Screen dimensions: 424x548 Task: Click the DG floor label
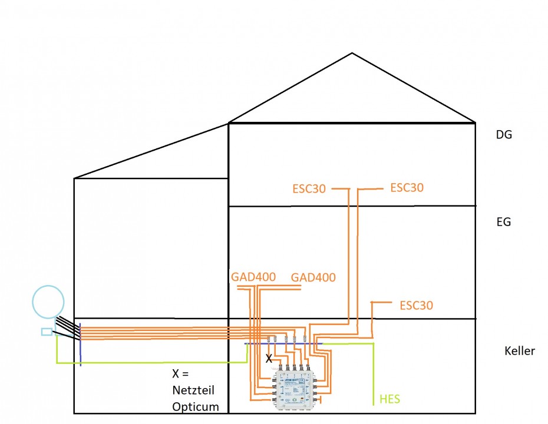click(x=504, y=134)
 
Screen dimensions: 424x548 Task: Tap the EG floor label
click(x=504, y=222)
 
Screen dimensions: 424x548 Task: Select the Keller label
click(x=520, y=351)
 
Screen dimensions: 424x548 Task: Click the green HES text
click(x=390, y=400)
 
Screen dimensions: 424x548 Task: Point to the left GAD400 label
click(x=253, y=277)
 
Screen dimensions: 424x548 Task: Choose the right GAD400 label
click(x=313, y=277)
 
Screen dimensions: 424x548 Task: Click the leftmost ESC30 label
click(x=309, y=189)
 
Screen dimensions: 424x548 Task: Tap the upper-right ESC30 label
click(x=407, y=188)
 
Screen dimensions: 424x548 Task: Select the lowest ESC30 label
click(x=416, y=306)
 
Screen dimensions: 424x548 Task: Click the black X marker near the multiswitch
click(x=269, y=358)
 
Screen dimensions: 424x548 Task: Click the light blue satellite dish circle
click(x=48, y=302)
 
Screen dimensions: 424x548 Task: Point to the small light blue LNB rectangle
click(x=47, y=332)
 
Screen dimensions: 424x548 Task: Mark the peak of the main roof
click(x=352, y=54)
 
